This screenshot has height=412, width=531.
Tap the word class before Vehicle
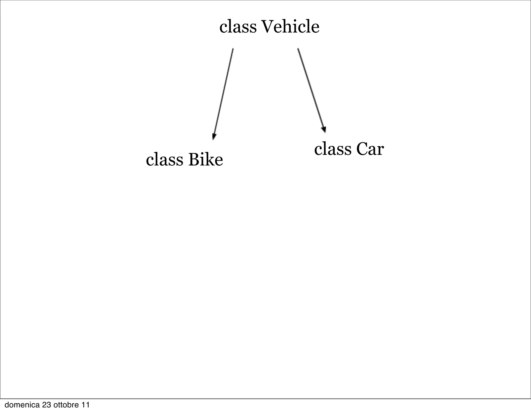click(x=238, y=27)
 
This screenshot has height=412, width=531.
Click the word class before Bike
click(x=164, y=160)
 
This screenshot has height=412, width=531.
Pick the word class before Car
click(x=333, y=149)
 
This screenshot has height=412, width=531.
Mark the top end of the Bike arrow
click(x=233, y=49)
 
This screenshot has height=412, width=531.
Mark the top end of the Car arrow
click(x=298, y=49)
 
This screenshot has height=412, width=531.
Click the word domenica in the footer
click(x=22, y=405)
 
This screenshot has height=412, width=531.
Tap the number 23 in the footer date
click(x=47, y=405)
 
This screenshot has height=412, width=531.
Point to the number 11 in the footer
click(x=86, y=405)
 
